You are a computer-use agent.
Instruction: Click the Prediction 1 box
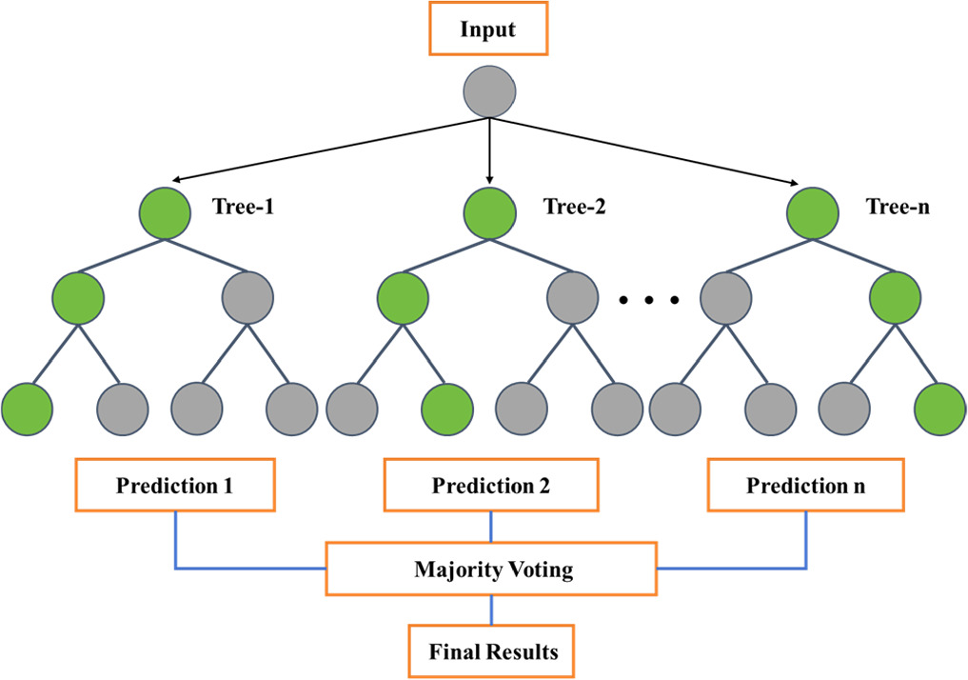click(x=175, y=486)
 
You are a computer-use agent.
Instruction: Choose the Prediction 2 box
click(x=490, y=486)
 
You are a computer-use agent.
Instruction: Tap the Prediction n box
click(x=805, y=486)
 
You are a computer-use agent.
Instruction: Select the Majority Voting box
click(x=492, y=570)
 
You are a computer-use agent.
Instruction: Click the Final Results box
click(x=492, y=652)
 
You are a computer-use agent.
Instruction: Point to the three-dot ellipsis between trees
click(x=648, y=301)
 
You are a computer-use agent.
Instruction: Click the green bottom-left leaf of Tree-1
click(x=27, y=409)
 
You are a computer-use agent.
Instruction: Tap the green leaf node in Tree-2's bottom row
click(x=446, y=409)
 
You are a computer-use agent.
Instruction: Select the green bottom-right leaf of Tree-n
click(x=939, y=409)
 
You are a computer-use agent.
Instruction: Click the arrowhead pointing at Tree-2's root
click(x=489, y=178)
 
